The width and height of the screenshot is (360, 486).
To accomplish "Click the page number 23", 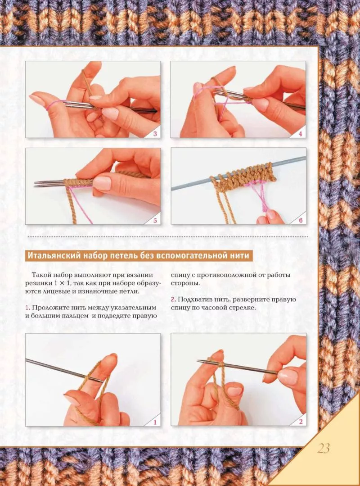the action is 323,448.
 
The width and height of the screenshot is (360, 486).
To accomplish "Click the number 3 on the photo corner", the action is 155,134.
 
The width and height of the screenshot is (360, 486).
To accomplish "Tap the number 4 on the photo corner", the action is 300,134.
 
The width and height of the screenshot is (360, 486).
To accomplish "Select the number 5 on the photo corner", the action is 155,220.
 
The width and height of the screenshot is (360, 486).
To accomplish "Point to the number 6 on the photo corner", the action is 301,220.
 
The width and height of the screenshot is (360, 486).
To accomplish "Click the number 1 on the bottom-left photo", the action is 155,422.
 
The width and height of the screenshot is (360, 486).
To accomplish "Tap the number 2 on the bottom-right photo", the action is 301,422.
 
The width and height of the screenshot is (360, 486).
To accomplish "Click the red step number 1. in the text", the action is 27,308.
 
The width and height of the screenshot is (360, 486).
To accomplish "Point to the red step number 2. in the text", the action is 173,300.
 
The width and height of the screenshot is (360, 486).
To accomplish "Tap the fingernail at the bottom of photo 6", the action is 271,214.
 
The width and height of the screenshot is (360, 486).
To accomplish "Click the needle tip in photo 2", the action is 201,361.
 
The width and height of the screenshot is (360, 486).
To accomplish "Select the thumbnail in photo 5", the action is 102,183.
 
